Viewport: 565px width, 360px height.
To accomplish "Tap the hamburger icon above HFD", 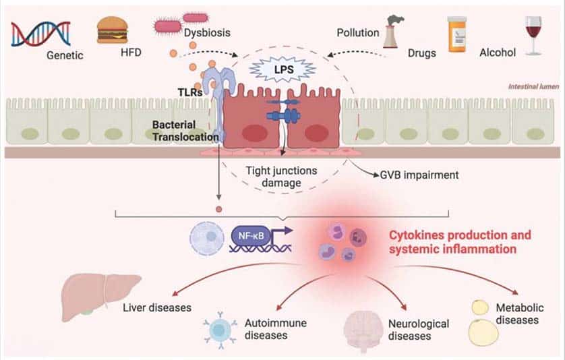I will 113,30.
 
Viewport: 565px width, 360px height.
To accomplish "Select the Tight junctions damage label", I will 280,177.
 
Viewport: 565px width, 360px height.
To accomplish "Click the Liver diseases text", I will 157,308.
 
